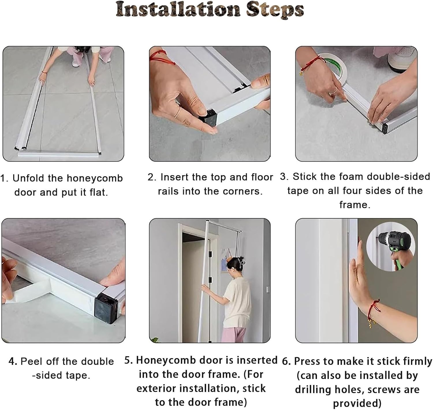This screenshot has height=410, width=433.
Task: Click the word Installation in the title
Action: click(178, 9)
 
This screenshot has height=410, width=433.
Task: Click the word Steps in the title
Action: click(275, 10)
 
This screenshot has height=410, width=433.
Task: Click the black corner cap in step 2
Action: click(208, 118)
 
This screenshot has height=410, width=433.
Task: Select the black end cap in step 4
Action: click(107, 308)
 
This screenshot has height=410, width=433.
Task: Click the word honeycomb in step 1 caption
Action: click(95, 178)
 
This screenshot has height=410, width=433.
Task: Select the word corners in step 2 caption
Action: click(243, 191)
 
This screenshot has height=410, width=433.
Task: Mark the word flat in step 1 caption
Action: click(98, 192)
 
